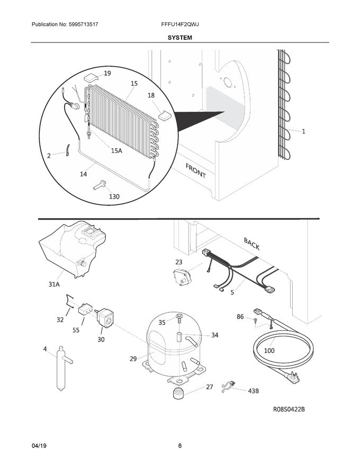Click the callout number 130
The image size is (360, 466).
point(114,196)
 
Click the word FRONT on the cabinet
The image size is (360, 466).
point(195,171)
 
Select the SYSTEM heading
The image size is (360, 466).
point(180,38)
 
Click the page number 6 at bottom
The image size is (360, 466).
point(180,445)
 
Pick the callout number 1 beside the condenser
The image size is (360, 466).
point(303,131)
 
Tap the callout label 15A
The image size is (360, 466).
point(116,151)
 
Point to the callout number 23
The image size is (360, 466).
point(178,262)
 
